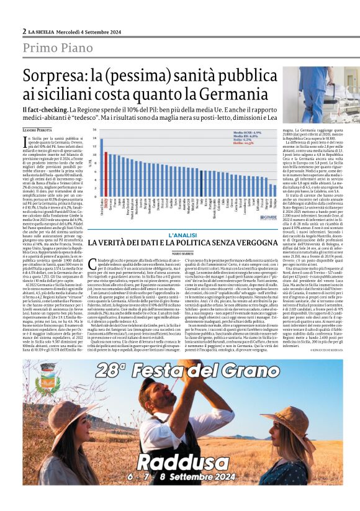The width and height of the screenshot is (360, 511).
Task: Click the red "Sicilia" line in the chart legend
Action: point(244,143)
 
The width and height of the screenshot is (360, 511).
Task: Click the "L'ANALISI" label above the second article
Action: point(181,235)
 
